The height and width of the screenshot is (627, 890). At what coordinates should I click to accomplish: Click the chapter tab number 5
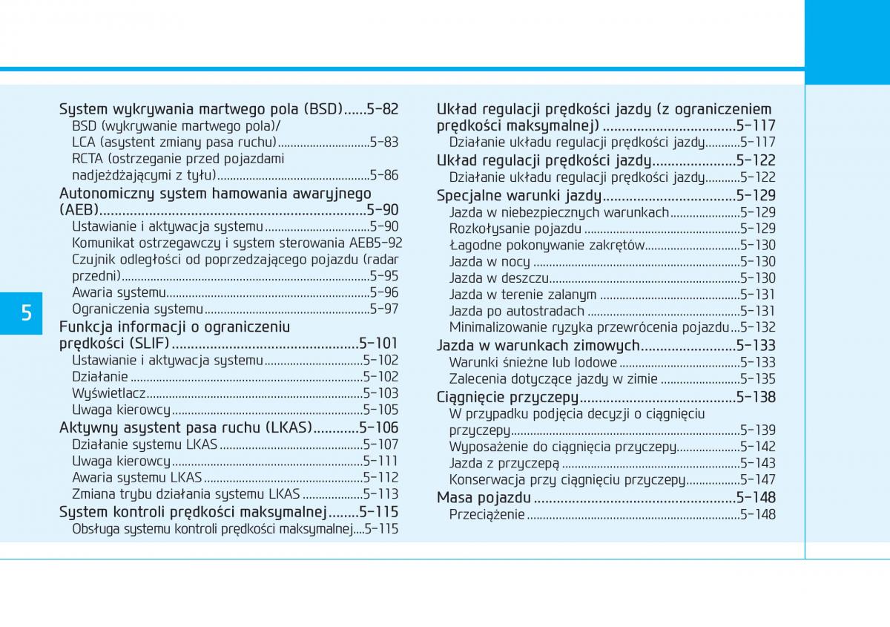coord(26,313)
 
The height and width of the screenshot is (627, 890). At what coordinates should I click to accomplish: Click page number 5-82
coord(382,109)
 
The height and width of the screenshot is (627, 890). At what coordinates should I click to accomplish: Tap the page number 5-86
coord(383,175)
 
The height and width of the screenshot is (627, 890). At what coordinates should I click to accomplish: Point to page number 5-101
coord(378,343)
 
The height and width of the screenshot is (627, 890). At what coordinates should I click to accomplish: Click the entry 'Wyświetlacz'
coord(108,393)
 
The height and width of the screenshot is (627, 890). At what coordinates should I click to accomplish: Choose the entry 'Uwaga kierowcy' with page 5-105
coord(121,410)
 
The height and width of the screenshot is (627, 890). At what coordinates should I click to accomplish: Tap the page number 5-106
coord(378,427)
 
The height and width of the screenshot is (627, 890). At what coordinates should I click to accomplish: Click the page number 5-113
coord(380,494)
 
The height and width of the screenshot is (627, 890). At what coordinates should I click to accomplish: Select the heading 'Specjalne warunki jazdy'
coord(518,196)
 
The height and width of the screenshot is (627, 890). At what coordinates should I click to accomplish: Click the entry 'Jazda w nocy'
coord(489,261)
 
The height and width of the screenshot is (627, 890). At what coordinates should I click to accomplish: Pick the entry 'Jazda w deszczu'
coord(498,278)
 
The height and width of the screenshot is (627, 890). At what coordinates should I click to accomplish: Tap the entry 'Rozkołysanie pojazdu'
coord(515,229)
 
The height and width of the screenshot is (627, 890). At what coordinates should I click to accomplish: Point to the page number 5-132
coord(758,327)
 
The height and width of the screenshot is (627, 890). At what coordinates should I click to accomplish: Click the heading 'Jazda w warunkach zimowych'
coord(538,345)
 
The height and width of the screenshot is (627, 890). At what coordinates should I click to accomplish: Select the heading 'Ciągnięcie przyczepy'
coord(507,397)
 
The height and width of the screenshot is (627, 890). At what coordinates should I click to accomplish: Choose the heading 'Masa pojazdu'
coord(484,497)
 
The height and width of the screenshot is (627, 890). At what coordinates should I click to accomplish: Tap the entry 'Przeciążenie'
coord(487,514)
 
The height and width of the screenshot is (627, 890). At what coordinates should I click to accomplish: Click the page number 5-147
coord(757,480)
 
